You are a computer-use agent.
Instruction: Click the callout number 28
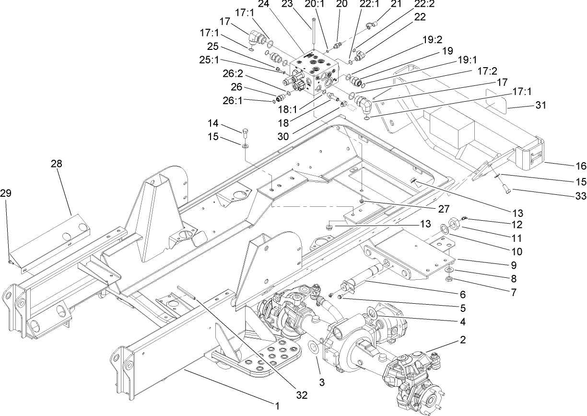(57, 164)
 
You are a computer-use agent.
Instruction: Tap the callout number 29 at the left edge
(6, 193)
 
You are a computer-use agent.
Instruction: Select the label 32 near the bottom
(301, 395)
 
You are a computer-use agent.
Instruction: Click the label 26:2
(219, 73)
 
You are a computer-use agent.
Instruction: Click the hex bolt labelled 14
(246, 131)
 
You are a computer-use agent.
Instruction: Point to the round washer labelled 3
(315, 347)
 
